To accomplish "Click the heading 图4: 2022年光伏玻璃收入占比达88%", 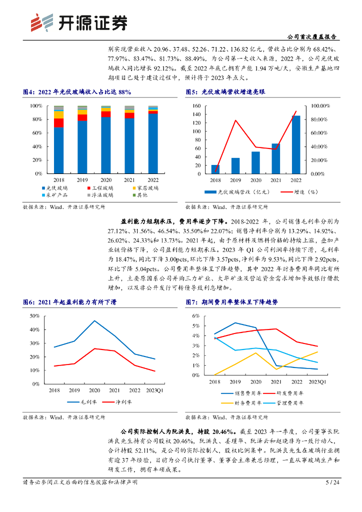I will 77,92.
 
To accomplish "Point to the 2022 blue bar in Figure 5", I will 296,144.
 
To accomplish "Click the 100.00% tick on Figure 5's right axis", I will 320,106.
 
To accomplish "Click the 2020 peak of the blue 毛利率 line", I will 94,320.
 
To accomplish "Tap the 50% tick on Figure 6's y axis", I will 34,316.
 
